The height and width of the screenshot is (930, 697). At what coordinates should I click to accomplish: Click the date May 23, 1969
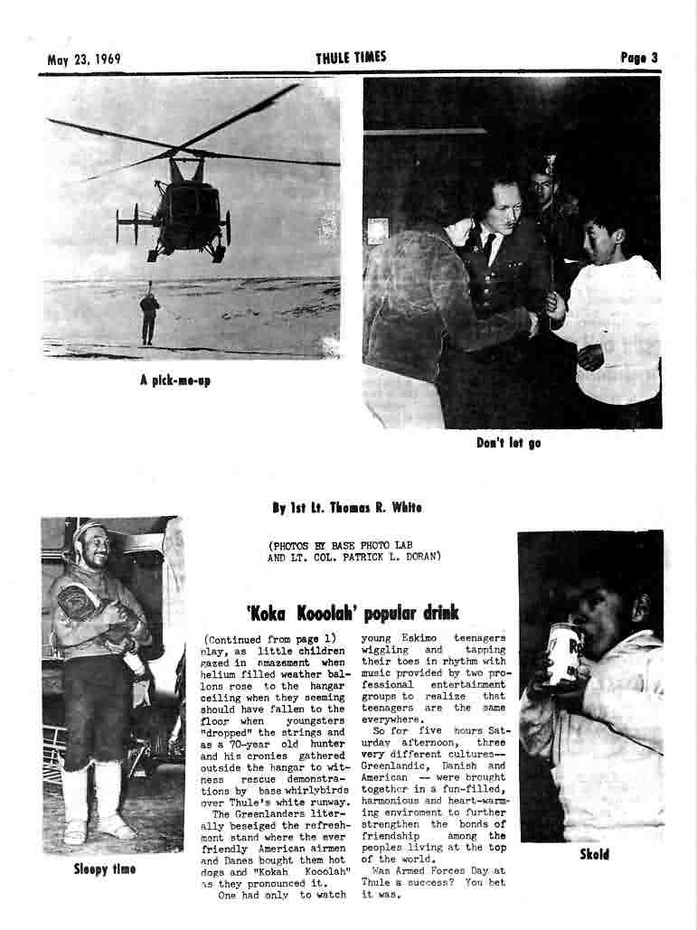84,60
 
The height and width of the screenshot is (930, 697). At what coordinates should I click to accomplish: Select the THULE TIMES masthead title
351,58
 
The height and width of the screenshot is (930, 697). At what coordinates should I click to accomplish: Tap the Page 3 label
638,58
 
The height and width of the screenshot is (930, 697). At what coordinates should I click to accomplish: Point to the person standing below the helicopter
148,316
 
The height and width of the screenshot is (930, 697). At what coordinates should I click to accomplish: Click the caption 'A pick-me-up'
174,380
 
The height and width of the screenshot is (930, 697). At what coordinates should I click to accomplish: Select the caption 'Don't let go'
508,443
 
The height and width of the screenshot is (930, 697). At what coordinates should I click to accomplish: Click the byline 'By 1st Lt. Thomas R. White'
347,508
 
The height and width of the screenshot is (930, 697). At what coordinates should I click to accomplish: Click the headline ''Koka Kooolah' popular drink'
353,615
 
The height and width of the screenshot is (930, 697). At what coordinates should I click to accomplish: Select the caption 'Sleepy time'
105,869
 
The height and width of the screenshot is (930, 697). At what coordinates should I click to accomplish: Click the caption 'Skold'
594,855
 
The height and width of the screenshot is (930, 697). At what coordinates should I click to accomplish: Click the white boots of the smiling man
95,800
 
